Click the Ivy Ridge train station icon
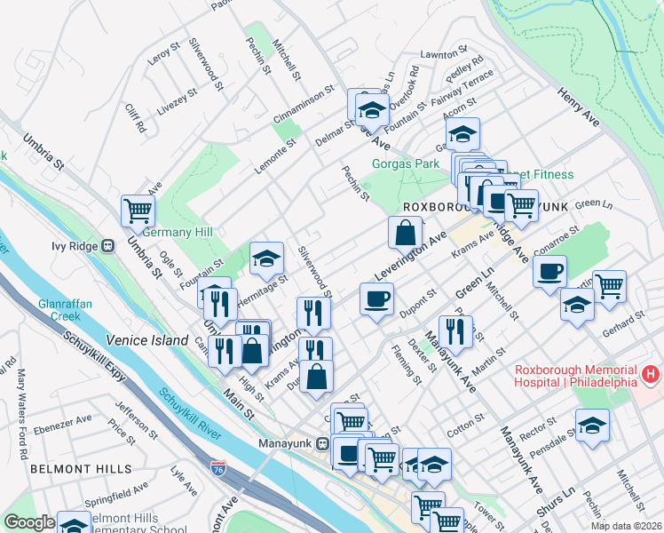[x=108, y=245]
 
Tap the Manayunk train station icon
[x=324, y=443]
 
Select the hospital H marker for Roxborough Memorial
[x=652, y=375]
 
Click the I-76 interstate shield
[x=218, y=466]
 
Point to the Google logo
[x=29, y=523]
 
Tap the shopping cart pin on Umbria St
[x=138, y=211]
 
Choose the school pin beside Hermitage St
[x=266, y=259]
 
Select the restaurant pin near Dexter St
[x=455, y=331]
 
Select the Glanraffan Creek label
[x=61, y=310]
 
